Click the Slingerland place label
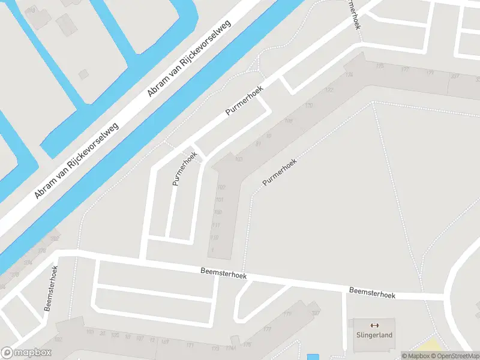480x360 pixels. tap(374, 335)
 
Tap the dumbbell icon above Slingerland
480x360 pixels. tap(375, 325)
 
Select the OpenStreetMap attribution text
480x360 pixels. tap(454, 356)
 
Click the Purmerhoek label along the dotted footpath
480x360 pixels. tap(279, 172)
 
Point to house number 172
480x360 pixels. tap(329, 90)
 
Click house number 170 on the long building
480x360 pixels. tap(309, 106)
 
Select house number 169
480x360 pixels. tap(164, 343)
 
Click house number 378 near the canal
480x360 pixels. tap(41, 251)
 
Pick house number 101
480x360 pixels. tap(220, 200)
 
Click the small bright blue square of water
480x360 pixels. tap(313, 357)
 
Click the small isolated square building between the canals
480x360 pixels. tap(83, 74)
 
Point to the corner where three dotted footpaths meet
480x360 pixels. tap(374, 103)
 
